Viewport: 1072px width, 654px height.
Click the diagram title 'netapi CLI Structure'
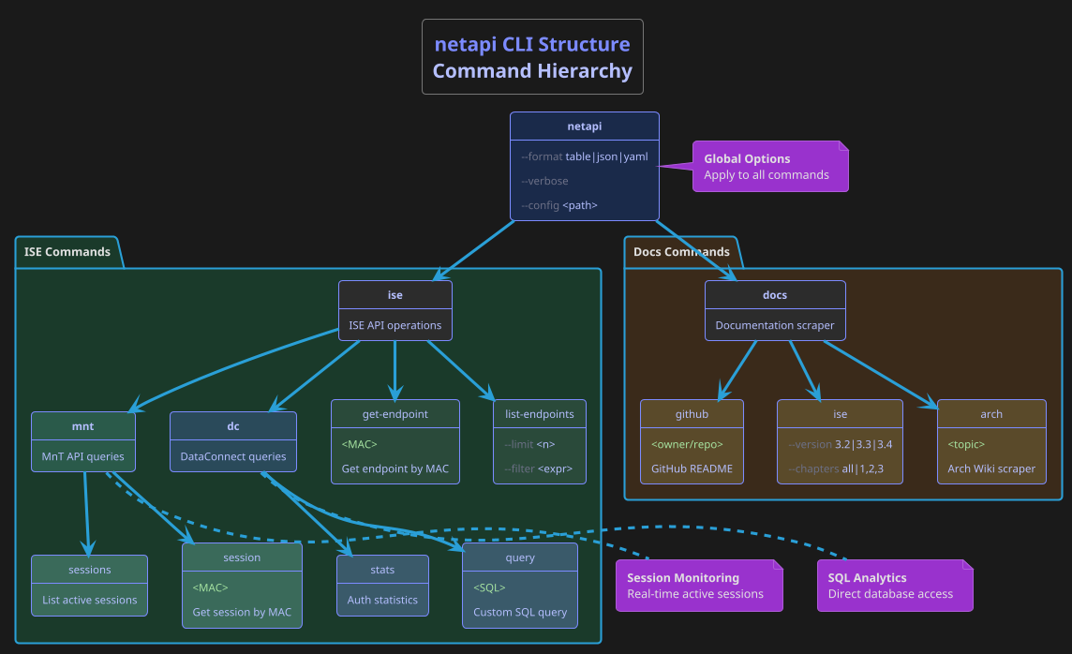pos(532,45)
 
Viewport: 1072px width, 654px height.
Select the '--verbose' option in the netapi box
pos(544,181)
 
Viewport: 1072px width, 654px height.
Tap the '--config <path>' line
pos(558,205)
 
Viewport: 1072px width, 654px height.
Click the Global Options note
pos(769,167)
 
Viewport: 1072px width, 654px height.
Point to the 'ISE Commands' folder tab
pos(67,252)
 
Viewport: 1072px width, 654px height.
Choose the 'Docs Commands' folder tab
pos(681,252)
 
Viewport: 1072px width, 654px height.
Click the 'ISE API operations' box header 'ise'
pos(395,295)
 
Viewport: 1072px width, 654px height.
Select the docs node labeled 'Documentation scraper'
pos(774,325)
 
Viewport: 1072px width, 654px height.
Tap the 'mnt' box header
pos(82,426)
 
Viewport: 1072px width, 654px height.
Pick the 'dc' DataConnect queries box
pos(232,441)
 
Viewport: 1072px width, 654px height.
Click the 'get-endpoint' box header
pos(395,414)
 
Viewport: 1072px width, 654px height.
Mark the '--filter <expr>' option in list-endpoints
pos(538,468)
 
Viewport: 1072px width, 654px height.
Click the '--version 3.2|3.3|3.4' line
pos(839,444)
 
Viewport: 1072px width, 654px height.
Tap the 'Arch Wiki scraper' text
pos(990,468)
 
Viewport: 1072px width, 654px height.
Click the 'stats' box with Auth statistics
pos(382,585)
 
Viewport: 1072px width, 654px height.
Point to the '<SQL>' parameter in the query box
pos(489,587)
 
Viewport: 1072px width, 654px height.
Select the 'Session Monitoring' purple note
pos(698,586)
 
